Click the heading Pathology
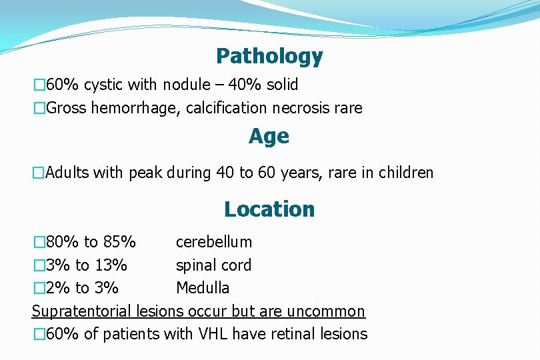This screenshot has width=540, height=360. pyautogui.click(x=269, y=57)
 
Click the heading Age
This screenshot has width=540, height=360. pyautogui.click(x=269, y=137)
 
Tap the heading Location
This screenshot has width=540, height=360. pyautogui.click(x=269, y=209)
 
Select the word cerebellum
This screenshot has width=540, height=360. pyautogui.click(x=213, y=242)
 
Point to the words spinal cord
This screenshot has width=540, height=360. pyautogui.click(x=213, y=265)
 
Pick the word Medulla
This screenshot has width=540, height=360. pyautogui.click(x=203, y=288)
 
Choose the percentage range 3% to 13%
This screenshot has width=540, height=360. pyautogui.click(x=86, y=265)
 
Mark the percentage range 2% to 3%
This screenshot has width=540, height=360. pyautogui.click(x=81, y=288)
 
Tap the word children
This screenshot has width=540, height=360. pyautogui.click(x=406, y=173)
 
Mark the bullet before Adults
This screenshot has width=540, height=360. pyautogui.click(x=38, y=173)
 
